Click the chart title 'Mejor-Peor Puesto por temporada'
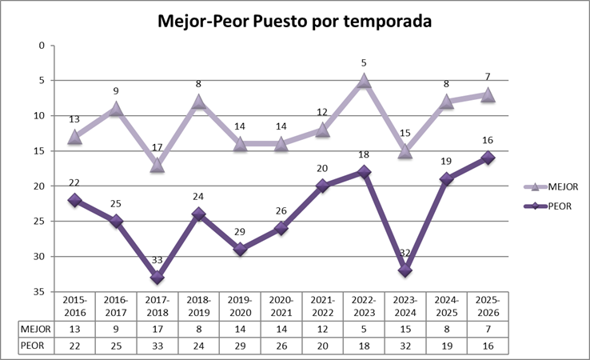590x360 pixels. coord(294,21)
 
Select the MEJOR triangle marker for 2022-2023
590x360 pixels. coord(364,81)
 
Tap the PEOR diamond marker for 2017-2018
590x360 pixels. coord(157,277)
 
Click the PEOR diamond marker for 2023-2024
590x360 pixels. coord(405,270)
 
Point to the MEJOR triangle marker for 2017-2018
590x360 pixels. coord(157,165)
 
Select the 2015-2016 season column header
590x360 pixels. coord(74,305)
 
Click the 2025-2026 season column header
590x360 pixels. coord(488,305)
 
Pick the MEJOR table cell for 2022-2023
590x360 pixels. coord(364,327)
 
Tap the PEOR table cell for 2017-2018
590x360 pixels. coord(157,345)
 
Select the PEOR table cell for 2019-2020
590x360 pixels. coord(240,345)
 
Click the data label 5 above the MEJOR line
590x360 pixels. coord(364,62)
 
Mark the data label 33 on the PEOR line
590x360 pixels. coord(157,260)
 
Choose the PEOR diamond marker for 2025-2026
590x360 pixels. coord(488,158)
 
